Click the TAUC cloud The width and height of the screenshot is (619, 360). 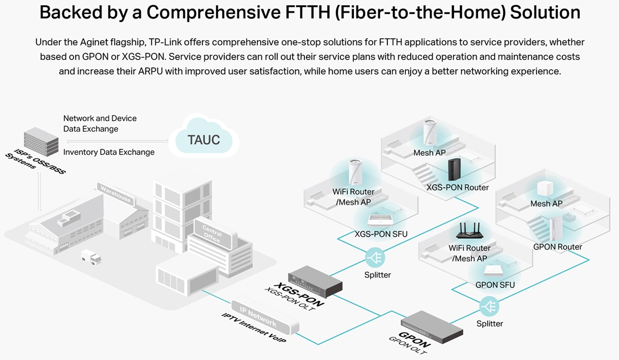[x=204, y=139]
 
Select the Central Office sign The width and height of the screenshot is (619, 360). [x=212, y=234]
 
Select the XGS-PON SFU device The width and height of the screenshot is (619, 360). [x=381, y=220]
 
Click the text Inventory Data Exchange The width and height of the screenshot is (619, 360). [x=109, y=152]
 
